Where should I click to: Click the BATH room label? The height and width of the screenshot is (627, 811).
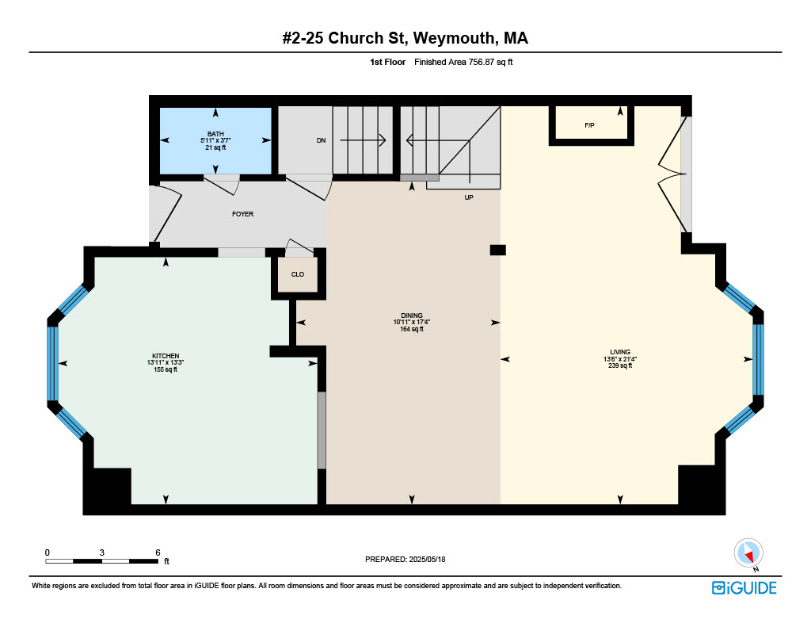click(x=215, y=134)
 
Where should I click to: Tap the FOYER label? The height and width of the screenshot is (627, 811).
click(x=242, y=214)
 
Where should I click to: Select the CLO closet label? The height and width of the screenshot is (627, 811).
click(x=298, y=274)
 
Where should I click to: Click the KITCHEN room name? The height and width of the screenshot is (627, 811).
click(x=166, y=356)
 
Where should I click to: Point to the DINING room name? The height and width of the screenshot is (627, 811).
click(x=412, y=315)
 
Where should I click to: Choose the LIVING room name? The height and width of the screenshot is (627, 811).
click(x=620, y=352)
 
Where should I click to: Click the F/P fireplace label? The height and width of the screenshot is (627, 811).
click(x=589, y=125)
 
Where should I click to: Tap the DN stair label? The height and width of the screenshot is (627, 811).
click(x=322, y=140)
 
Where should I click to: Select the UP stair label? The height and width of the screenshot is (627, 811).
click(x=469, y=197)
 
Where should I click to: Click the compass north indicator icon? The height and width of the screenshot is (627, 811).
click(x=748, y=553)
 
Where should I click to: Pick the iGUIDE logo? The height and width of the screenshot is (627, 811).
click(x=744, y=588)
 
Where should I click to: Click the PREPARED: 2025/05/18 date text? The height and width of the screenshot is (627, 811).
click(x=405, y=559)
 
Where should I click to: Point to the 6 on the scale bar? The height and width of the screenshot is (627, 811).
click(x=158, y=552)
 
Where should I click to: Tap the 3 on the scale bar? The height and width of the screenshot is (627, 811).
click(x=102, y=552)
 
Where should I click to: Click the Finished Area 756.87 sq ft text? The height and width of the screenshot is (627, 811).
click(x=463, y=62)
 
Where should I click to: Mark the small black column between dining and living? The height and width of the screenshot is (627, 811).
click(x=498, y=250)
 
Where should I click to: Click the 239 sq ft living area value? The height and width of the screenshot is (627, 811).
click(x=620, y=365)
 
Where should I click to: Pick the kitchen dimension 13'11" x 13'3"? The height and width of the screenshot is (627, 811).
click(x=166, y=363)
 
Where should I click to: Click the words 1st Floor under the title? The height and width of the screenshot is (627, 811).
click(x=387, y=62)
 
